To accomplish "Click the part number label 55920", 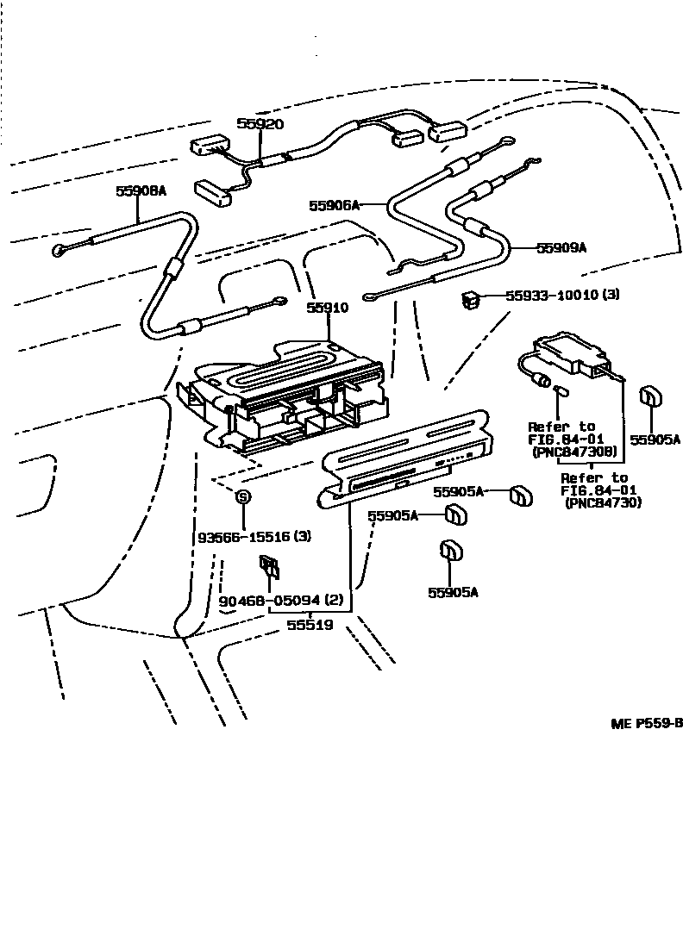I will (x=260, y=124).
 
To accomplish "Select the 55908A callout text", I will (x=141, y=191).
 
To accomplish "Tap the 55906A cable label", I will (x=333, y=205).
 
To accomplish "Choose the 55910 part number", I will (x=328, y=308).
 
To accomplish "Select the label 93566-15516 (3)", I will (x=254, y=536).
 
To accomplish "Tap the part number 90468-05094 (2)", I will (x=281, y=600).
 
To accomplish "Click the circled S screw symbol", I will (x=243, y=496).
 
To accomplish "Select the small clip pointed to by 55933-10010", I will (x=471, y=300).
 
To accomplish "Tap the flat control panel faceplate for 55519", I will (x=405, y=465).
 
